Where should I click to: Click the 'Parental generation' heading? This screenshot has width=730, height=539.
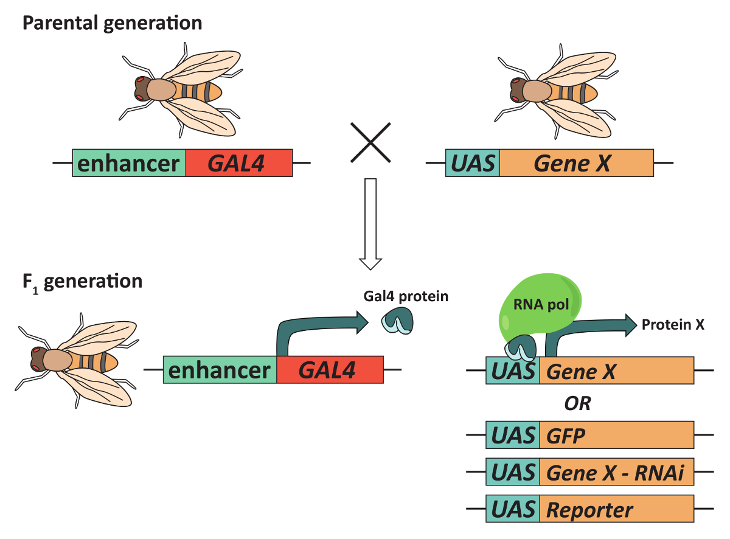(x=113, y=23)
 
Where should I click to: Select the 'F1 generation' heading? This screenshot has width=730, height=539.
(x=82, y=282)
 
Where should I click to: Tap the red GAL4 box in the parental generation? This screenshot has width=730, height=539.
(x=239, y=163)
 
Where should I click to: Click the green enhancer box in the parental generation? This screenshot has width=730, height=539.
(x=129, y=163)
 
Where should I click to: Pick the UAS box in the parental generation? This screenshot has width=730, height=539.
(x=473, y=163)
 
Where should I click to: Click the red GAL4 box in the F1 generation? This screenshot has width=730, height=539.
(x=330, y=370)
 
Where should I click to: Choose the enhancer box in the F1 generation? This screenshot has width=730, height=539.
(x=220, y=370)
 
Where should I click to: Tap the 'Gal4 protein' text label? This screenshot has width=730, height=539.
(x=406, y=296)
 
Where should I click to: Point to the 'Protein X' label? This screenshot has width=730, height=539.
(x=673, y=325)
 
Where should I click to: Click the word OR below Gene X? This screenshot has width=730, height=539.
(x=578, y=403)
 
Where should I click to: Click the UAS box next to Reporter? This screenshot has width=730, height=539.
(x=513, y=509)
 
